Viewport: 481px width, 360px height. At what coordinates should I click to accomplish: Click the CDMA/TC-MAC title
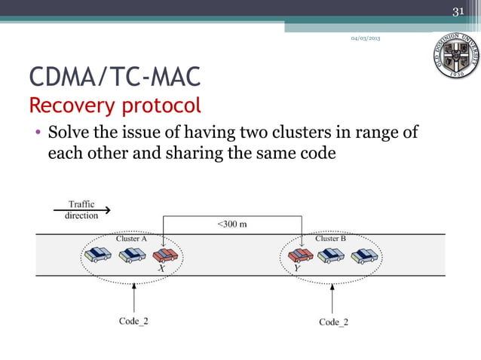tap(115, 76)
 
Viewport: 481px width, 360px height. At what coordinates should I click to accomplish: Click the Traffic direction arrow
tap(83, 210)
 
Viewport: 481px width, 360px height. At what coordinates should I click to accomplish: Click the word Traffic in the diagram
tap(81, 204)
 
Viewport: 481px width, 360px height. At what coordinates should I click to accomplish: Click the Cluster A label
tap(131, 239)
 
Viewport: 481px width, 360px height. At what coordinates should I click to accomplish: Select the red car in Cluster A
tap(164, 256)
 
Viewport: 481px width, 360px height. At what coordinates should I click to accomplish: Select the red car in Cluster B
tap(300, 256)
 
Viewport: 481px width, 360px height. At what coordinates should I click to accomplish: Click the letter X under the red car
tap(161, 268)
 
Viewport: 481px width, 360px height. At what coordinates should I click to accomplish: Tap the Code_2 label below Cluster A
tap(133, 322)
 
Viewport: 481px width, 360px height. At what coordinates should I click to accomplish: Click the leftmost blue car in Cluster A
tap(97, 256)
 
